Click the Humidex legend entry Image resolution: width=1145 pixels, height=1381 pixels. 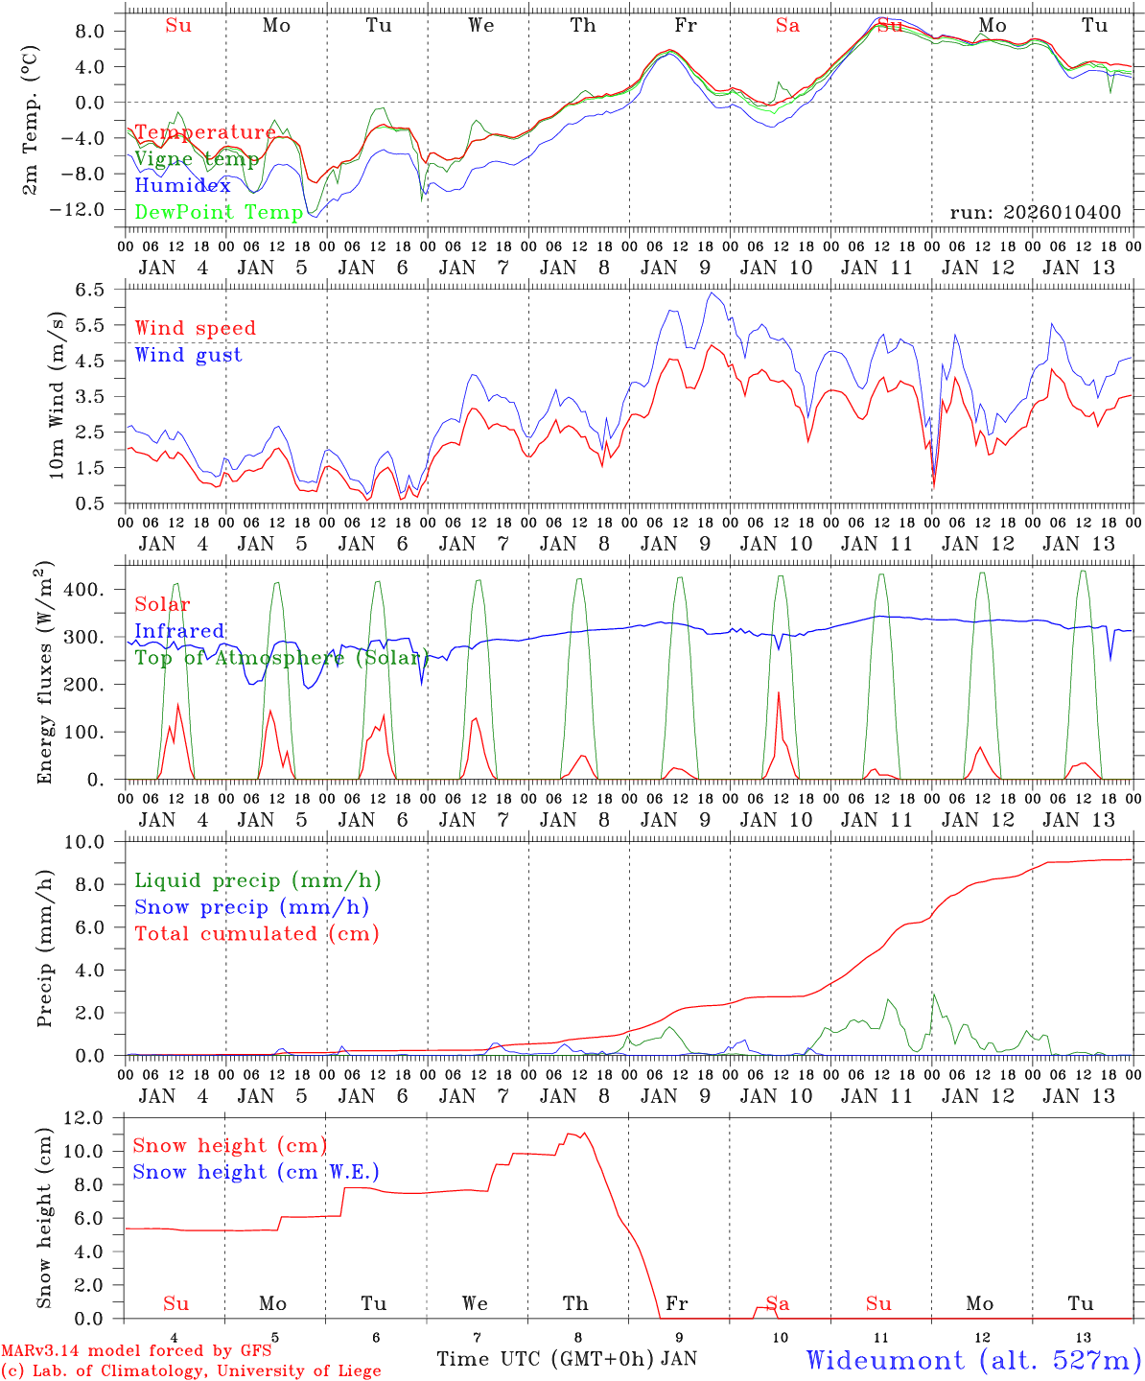point(182,186)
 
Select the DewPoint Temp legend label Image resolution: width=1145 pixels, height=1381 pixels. point(219,212)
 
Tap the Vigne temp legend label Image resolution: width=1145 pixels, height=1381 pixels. point(196,159)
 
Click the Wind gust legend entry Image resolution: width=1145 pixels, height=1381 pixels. point(188,355)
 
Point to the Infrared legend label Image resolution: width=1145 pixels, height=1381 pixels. point(179,631)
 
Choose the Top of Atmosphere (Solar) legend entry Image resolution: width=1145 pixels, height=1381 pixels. point(281,658)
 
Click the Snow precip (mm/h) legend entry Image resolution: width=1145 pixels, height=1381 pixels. point(251,907)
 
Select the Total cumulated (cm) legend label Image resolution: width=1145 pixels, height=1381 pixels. point(256,933)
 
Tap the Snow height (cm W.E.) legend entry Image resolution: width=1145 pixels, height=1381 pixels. point(255,1172)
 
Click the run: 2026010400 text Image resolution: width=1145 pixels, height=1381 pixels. point(1035,212)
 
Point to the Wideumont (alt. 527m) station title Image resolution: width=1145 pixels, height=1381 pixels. point(973,1360)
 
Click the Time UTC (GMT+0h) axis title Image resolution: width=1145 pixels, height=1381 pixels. point(545,1359)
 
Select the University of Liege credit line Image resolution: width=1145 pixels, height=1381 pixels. point(190,1370)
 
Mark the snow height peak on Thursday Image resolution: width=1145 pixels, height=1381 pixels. point(584,1133)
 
